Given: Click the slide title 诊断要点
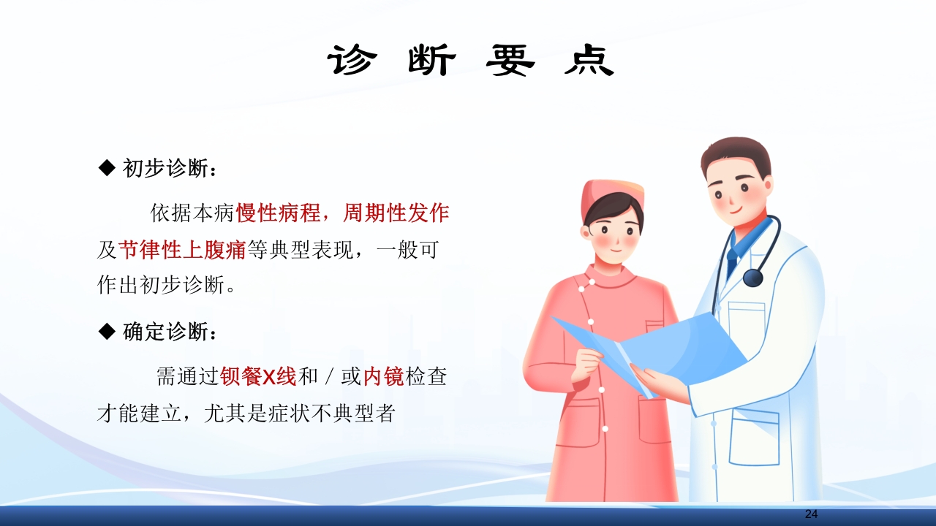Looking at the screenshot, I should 470,61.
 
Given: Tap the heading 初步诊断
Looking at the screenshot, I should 170,169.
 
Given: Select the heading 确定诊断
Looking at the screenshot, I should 170,332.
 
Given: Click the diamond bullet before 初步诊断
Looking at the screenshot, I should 107,169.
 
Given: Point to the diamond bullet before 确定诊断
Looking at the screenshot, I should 107,332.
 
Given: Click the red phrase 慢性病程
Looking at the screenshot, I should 278,213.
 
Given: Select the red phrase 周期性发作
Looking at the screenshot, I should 396,213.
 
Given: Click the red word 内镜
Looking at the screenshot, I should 384,377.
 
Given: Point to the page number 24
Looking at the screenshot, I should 811,514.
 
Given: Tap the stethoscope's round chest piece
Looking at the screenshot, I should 752,278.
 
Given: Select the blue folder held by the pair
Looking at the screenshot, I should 658,351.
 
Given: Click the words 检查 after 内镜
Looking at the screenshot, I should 426,377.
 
